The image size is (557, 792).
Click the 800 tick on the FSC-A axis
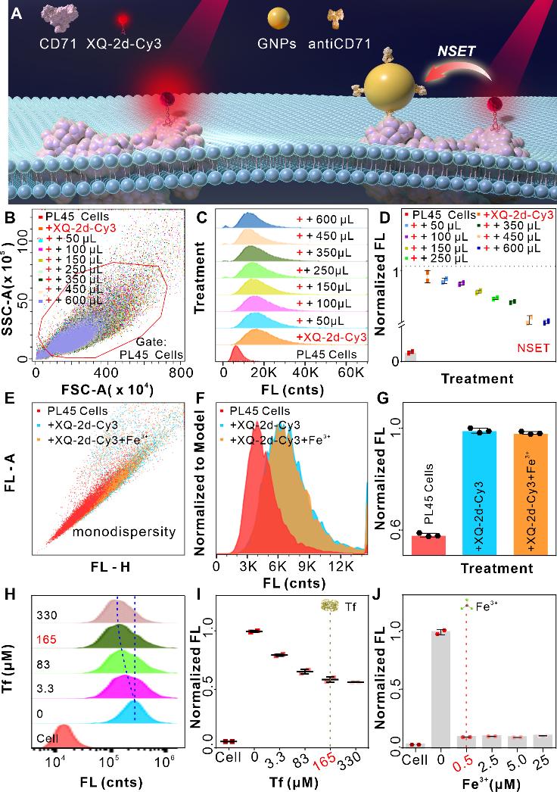pyautogui.click(x=180, y=373)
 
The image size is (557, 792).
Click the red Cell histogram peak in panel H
pyautogui.click(x=64, y=732)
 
